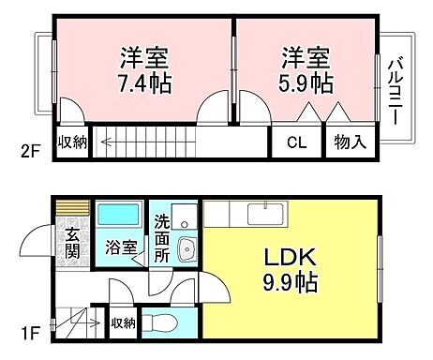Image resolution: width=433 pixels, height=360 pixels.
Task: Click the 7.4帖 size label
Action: [x=144, y=82]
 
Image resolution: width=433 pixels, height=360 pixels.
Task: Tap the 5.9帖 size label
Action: [x=306, y=82]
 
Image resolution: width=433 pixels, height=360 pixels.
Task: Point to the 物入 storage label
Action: [x=351, y=143]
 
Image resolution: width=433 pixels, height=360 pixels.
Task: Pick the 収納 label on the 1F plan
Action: [x=123, y=323]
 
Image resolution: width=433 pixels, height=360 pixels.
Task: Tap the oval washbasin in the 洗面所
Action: [x=185, y=251]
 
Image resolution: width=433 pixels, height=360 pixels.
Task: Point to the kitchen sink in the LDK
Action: [x=259, y=215]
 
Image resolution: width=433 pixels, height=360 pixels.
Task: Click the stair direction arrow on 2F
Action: [x=108, y=143]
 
